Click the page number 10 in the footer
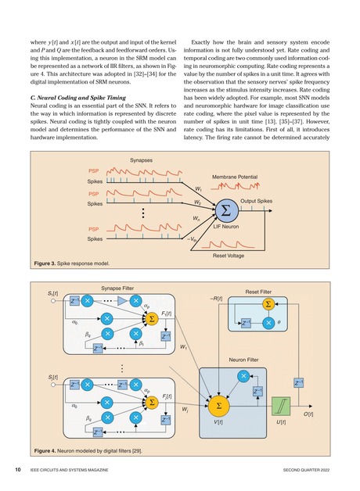(16, 470)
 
